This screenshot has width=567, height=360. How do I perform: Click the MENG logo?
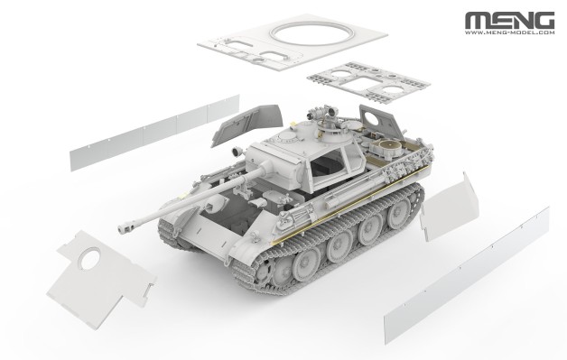pyautogui.click(x=510, y=17)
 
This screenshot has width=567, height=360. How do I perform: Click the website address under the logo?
pyautogui.click(x=510, y=32)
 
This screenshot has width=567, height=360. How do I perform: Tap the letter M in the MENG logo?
pyautogui.click(x=476, y=17)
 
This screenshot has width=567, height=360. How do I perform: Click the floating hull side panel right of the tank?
pyautogui.click(x=446, y=208)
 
